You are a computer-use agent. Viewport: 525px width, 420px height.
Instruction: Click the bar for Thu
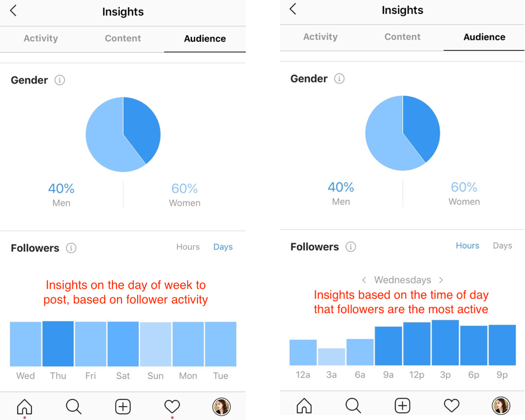point(58,344)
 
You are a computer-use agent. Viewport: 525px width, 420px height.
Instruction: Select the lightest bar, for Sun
point(156,344)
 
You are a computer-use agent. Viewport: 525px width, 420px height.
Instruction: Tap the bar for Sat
point(123,344)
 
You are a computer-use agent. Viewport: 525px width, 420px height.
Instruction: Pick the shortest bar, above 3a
point(331,357)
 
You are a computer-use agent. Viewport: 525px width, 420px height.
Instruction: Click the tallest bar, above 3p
point(445,343)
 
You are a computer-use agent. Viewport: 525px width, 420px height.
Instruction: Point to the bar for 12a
point(303,352)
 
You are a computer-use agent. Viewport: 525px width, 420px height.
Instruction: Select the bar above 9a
point(388,346)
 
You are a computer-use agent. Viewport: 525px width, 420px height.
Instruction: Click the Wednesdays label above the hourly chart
point(402,279)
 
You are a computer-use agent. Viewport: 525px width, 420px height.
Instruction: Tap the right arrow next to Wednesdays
point(441,279)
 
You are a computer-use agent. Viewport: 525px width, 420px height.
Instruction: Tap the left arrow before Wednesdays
point(364,279)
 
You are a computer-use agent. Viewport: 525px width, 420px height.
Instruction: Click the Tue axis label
point(221,376)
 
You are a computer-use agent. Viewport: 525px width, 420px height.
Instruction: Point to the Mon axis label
point(188,376)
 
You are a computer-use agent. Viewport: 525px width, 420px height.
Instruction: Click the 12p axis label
point(416,375)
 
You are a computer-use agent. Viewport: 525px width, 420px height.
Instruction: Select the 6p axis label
point(474,375)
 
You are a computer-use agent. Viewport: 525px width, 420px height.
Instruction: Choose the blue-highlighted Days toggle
point(223,247)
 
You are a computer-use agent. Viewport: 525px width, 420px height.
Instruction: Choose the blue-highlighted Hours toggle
point(467,245)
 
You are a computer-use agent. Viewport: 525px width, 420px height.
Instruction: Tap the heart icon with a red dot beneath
point(172,407)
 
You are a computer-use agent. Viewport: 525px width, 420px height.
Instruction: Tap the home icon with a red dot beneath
point(25,407)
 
